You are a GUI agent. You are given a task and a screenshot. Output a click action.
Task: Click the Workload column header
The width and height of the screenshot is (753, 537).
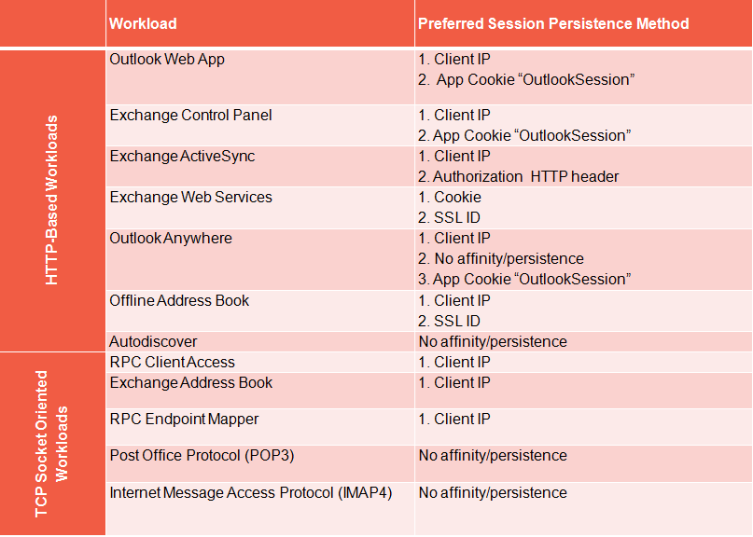(143, 23)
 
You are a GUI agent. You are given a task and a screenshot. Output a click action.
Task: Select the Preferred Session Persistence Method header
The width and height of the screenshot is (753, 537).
(553, 23)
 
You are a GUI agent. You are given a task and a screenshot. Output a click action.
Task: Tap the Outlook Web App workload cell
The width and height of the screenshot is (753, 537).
(167, 60)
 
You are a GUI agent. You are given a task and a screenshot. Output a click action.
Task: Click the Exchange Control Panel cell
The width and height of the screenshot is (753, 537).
(190, 116)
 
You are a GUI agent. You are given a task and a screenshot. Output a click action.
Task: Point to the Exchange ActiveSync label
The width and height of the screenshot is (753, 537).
(182, 157)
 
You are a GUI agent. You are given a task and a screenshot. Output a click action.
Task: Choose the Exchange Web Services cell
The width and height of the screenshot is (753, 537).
(190, 198)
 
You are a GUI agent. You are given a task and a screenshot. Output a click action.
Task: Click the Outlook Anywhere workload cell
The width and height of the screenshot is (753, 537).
(171, 239)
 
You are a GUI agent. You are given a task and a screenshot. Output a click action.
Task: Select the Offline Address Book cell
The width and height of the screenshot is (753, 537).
(179, 300)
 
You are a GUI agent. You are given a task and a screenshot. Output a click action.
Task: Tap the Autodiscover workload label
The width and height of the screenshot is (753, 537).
(153, 341)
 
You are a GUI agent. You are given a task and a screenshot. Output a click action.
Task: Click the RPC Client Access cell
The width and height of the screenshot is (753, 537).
(172, 363)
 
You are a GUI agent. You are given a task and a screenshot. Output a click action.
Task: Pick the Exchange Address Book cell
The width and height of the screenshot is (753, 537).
(190, 383)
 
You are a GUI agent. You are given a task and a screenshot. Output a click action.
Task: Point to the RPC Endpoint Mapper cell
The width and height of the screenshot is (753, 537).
(184, 420)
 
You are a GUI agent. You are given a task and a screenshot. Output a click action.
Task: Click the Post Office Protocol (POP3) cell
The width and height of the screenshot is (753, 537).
(202, 455)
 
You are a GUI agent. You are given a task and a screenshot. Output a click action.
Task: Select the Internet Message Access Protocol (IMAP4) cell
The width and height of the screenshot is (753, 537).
(251, 493)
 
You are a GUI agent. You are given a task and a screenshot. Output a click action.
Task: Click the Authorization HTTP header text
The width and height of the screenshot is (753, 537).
(526, 177)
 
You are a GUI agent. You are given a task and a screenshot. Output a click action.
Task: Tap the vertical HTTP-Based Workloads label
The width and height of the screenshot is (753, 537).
(51, 200)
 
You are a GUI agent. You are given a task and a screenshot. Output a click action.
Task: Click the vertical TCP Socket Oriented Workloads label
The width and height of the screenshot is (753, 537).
(51, 444)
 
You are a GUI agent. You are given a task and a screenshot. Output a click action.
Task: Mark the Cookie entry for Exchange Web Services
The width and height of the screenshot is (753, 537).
(457, 198)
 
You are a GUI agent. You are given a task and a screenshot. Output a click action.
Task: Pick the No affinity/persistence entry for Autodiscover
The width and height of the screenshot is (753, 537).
(493, 341)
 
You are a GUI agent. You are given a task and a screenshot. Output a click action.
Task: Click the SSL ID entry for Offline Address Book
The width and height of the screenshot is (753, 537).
(456, 321)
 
